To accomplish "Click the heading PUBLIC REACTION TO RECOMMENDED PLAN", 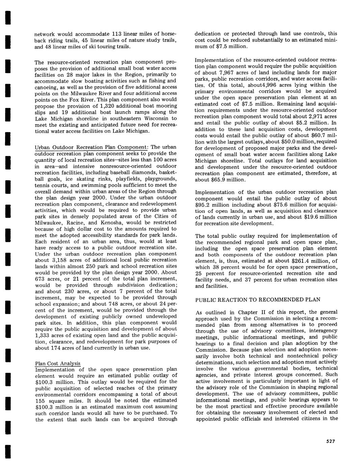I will click(258, 300).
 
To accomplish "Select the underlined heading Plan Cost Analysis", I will click(58, 363).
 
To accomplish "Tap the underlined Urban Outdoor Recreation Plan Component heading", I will click(91, 147).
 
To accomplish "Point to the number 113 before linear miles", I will click(117, 34).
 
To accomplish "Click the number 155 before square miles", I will click(41, 400).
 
